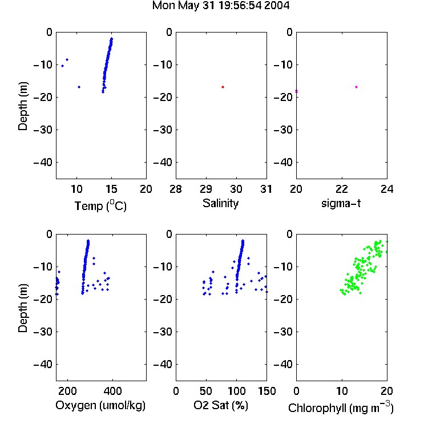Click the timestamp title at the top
pos(220,6)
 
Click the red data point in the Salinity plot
pos(223,87)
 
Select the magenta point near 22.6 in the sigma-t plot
pos(356,87)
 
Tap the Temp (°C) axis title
pos(100,205)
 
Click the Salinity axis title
pos(220,203)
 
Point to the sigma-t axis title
pos(341,203)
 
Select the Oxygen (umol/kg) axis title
pos(100,405)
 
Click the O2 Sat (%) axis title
pos(220,405)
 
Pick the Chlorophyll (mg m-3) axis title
pos(341,407)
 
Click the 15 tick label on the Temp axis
pos(111,189)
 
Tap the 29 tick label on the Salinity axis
pos(206,189)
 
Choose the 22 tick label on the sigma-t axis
pos(342,189)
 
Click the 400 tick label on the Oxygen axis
pos(113,391)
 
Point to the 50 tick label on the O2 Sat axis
pos(206,391)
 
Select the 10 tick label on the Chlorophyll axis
pos(342,391)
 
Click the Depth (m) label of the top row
pos(23,106)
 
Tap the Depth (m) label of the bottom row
pos(23,308)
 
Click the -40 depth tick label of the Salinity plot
pos(163,163)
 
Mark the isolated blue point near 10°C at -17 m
pos(79,87)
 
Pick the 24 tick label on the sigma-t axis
pos(387,189)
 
